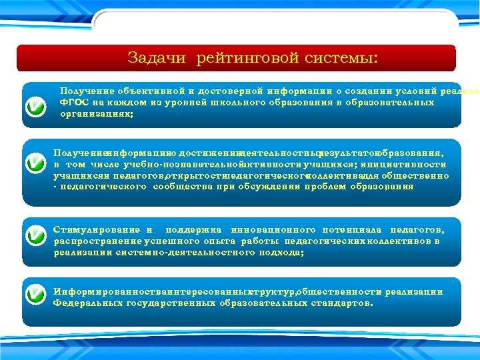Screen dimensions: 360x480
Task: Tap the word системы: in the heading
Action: tap(341, 58)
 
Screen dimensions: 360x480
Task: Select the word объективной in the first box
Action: tap(149, 91)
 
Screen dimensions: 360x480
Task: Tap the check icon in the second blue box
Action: tap(35, 164)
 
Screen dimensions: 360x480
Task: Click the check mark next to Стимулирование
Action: tap(35, 235)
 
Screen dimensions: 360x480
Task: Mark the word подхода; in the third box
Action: tap(281, 253)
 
